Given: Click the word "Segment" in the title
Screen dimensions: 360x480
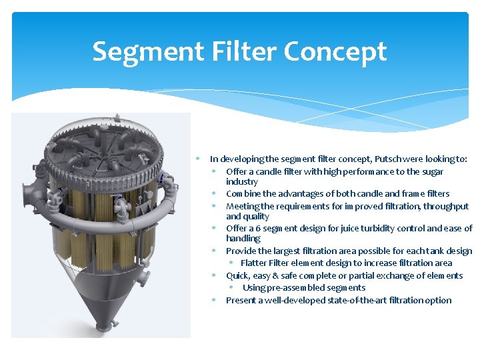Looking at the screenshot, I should [137, 51].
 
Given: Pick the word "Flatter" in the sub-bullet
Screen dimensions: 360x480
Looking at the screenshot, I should [255, 263].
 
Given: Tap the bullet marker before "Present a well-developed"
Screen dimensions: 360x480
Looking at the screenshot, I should [215, 300].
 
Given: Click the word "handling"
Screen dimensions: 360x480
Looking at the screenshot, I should [243, 238].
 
